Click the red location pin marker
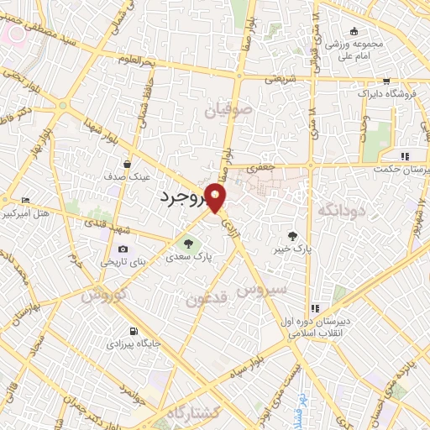(217, 197)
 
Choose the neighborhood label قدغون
(206, 297)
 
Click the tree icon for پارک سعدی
(189, 244)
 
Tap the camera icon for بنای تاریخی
(123, 249)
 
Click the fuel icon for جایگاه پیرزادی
(134, 330)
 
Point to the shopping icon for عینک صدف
(127, 164)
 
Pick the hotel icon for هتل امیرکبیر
(24, 200)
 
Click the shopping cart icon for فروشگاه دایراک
(385, 82)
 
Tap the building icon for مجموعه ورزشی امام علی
(355, 31)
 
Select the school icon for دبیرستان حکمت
(405, 156)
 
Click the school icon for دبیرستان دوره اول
(316, 308)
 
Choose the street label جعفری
(260, 168)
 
